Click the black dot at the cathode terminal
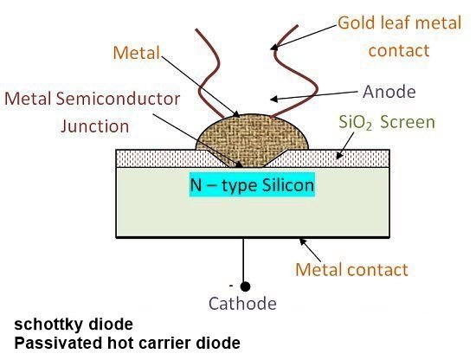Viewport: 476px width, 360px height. click(245, 286)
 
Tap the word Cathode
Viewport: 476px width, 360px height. click(242, 304)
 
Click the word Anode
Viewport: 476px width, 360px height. click(389, 92)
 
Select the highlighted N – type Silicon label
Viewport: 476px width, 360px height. click(252, 184)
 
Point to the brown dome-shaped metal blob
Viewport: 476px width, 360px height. click(253, 139)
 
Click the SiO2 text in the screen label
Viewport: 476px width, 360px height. click(355, 123)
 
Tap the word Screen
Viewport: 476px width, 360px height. click(408, 122)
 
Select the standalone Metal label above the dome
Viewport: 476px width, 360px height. click(137, 53)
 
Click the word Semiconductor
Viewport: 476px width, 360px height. click(118, 99)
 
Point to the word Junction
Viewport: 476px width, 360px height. click(95, 126)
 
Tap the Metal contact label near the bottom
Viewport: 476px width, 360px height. click(352, 269)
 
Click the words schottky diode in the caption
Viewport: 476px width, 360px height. click(74, 325)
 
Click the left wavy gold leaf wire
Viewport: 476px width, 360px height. click(209, 73)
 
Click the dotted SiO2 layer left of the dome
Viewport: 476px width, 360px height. click(170, 158)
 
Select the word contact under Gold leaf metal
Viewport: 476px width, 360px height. click(399, 50)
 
